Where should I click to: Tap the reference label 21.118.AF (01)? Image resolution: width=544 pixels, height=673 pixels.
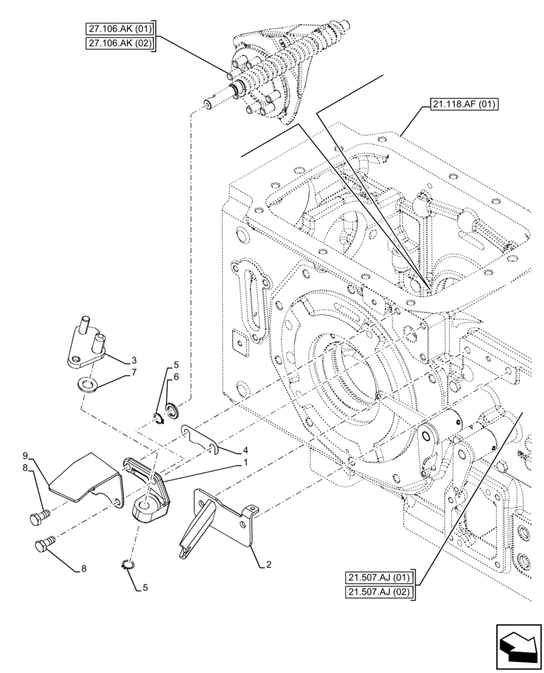click(x=461, y=105)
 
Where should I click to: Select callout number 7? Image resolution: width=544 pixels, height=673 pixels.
click(x=134, y=371)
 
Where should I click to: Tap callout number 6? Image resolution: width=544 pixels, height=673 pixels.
click(x=176, y=378)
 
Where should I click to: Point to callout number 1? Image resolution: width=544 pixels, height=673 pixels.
click(x=246, y=462)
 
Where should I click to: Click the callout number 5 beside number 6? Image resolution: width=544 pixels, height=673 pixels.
click(x=176, y=365)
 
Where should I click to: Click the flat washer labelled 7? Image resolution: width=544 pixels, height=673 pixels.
click(x=86, y=386)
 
